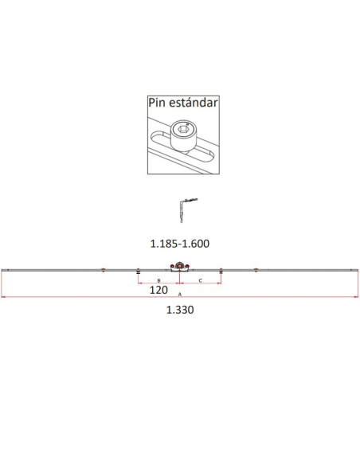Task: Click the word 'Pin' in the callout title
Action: pos(159,102)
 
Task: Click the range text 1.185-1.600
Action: pos(180,244)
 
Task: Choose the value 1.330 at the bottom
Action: pos(180,311)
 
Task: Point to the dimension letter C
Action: pos(200,281)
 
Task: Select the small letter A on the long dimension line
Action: pos(180,295)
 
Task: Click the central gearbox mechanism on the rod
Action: pos(180,270)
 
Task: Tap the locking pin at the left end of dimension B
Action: pos(139,272)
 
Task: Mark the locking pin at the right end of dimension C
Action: pos(221,272)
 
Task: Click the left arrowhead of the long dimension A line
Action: pos(2,298)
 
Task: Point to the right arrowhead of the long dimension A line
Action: pos(357,298)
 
